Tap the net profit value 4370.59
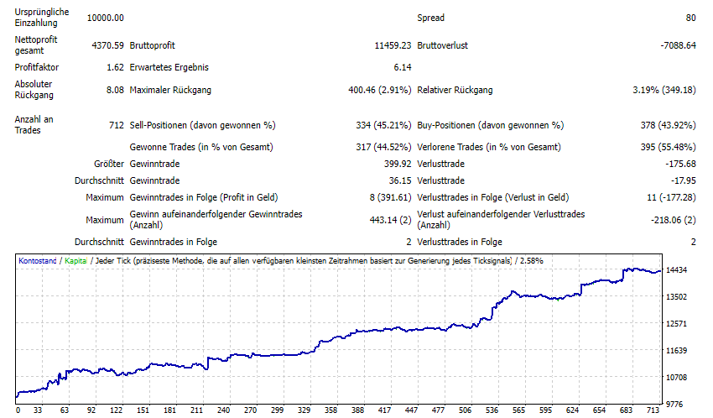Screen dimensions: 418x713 (x=106, y=45)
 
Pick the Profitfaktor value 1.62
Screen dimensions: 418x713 (x=116, y=67)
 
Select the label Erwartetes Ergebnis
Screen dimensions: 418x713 (x=169, y=67)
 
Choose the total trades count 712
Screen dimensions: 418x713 (x=117, y=125)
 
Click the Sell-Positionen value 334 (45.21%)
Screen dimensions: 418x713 (x=383, y=125)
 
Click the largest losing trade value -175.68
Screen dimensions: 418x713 (x=679, y=164)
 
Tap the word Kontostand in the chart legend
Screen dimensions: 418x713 (x=38, y=261)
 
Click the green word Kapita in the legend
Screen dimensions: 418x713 (x=76, y=261)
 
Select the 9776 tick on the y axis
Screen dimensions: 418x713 (x=679, y=404)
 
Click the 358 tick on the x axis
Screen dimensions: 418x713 (x=330, y=410)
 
